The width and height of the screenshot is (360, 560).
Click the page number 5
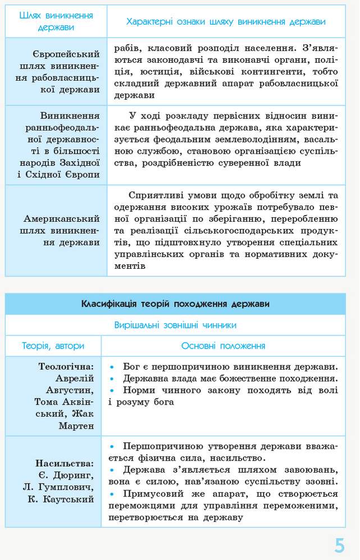coord(339,545)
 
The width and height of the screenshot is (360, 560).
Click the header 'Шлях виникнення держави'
coord(56,21)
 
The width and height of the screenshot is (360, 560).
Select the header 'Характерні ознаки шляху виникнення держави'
coord(226,21)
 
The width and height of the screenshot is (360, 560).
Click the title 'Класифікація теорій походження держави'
coord(175,304)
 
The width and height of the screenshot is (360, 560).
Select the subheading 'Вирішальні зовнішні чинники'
coord(175,325)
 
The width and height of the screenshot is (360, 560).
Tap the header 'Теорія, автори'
coord(53,346)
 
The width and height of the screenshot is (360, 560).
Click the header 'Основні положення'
coord(223,346)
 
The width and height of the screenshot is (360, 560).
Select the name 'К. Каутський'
coord(61,499)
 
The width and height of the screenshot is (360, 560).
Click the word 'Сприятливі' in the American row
coord(154,195)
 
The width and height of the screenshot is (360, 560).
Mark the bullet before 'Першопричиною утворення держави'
coord(112,446)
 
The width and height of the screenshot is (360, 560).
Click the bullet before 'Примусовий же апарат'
coord(112,494)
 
